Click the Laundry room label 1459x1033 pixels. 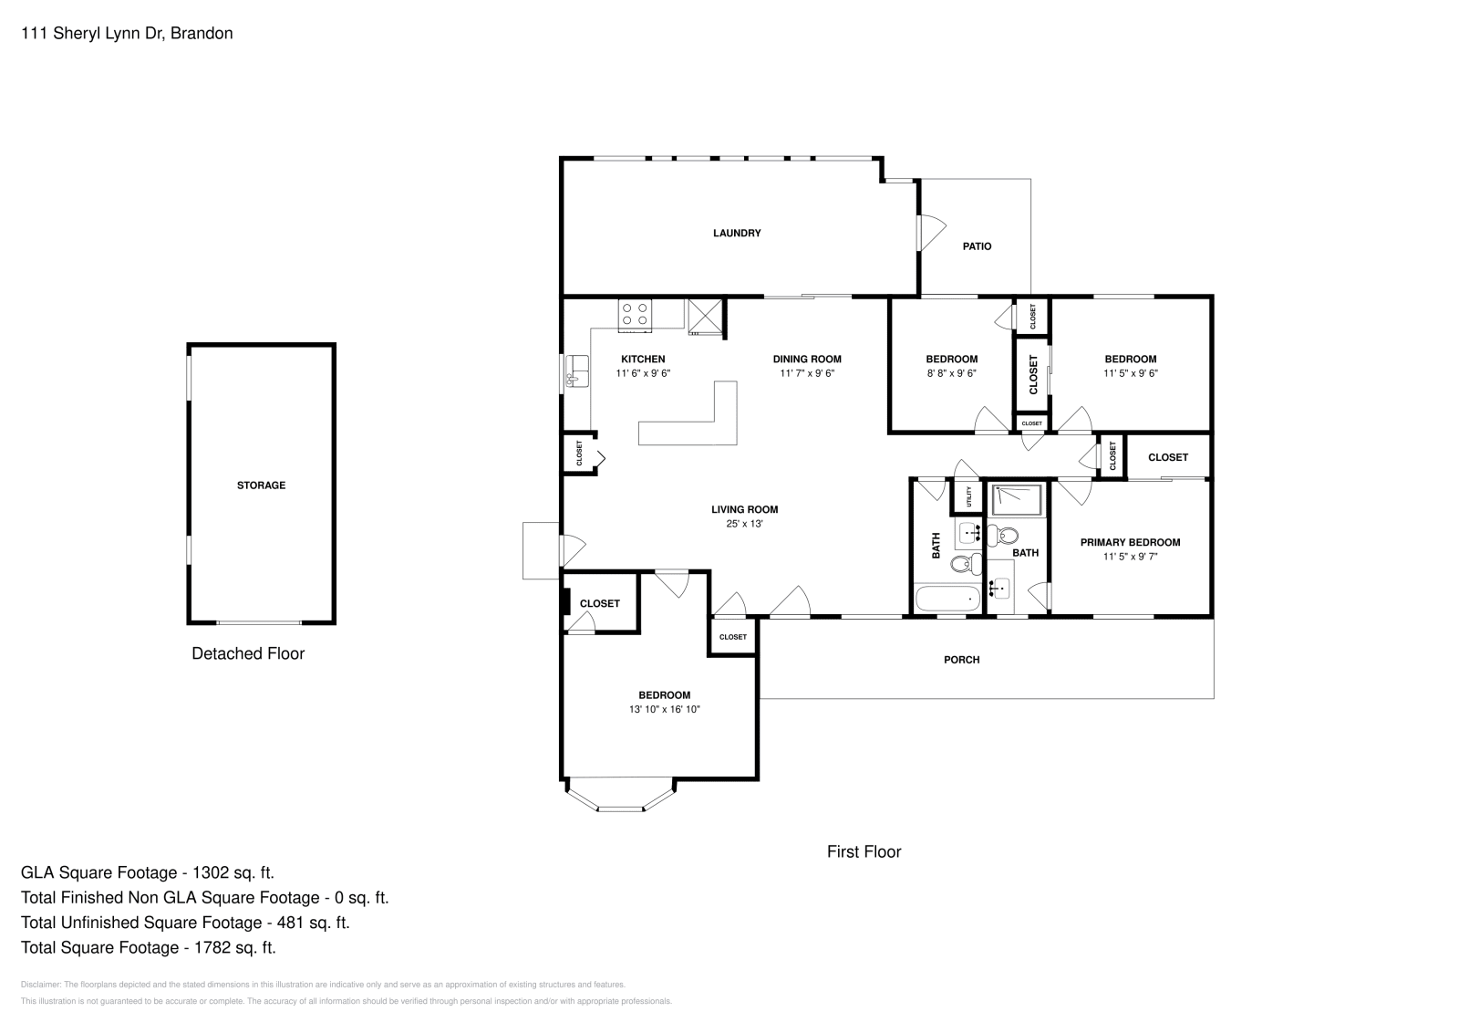pos(736,234)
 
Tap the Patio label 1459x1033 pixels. pos(977,246)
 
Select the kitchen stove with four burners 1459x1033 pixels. pos(636,315)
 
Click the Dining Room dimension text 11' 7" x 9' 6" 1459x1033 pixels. pos(807,373)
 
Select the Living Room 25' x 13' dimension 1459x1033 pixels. pos(744,524)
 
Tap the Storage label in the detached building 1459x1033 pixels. pos(261,485)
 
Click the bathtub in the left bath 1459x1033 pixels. pos(947,600)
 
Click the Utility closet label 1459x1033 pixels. pos(968,496)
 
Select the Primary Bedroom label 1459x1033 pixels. pos(1130,542)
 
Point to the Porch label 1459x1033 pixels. pos(961,660)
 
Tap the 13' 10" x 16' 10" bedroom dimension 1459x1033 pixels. pos(664,709)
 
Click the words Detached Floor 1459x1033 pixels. pos(248,653)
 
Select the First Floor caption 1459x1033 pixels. pos(864,851)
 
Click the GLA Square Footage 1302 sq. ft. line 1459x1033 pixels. pos(148,872)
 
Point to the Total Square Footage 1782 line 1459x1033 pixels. pos(149,947)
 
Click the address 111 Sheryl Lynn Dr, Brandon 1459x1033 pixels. pos(127,34)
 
